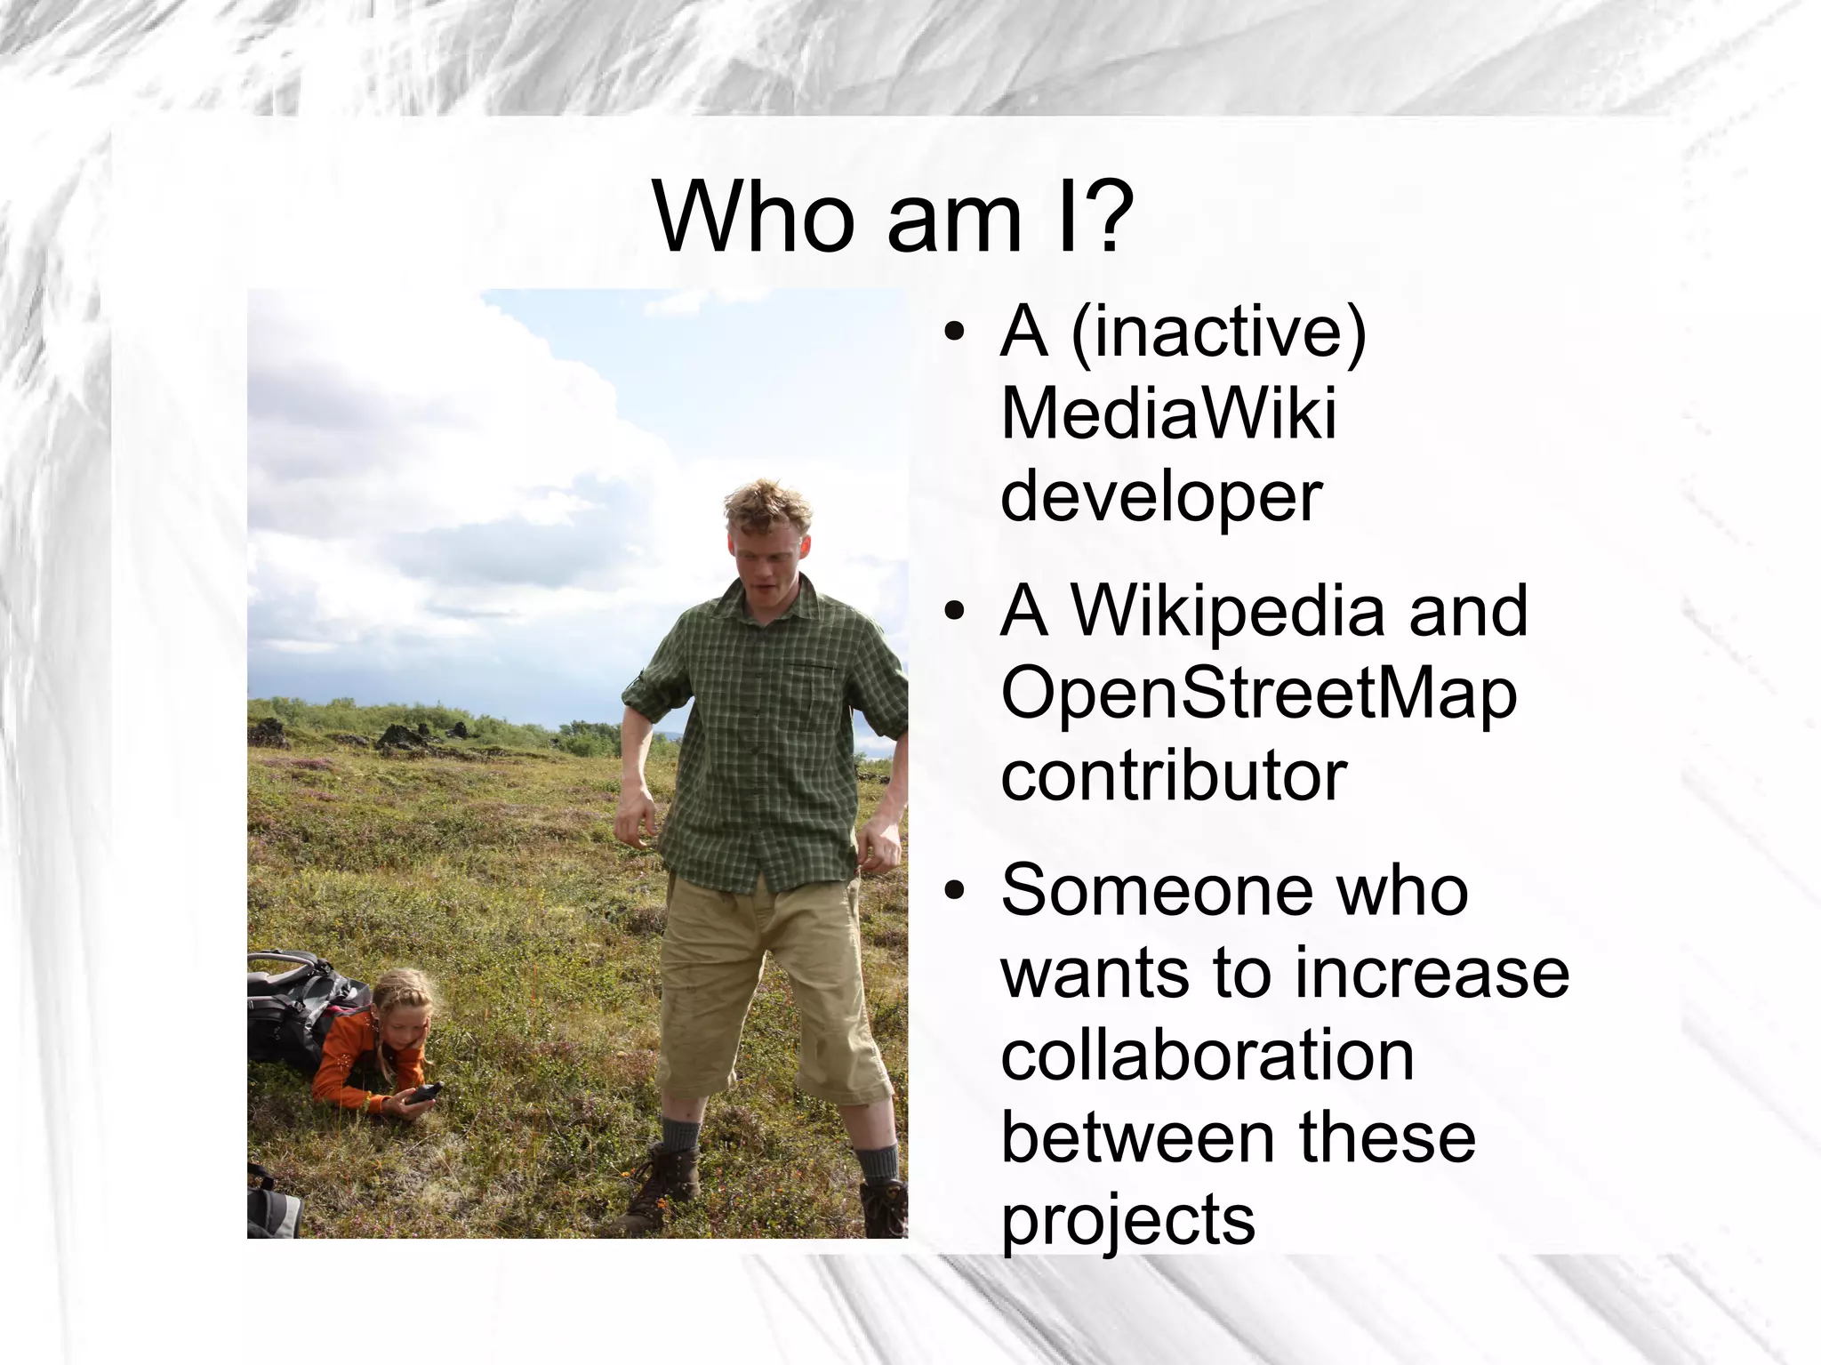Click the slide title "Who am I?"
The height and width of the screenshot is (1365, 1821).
point(893,217)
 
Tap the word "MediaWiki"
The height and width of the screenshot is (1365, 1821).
point(1168,414)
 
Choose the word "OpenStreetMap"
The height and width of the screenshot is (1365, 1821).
point(1259,694)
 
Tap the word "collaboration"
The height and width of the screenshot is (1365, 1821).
point(1207,1056)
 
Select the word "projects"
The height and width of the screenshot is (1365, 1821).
point(1127,1220)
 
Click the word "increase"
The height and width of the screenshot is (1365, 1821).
point(1432,973)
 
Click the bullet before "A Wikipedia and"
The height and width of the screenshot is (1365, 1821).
point(954,612)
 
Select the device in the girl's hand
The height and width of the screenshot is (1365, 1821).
point(423,1093)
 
